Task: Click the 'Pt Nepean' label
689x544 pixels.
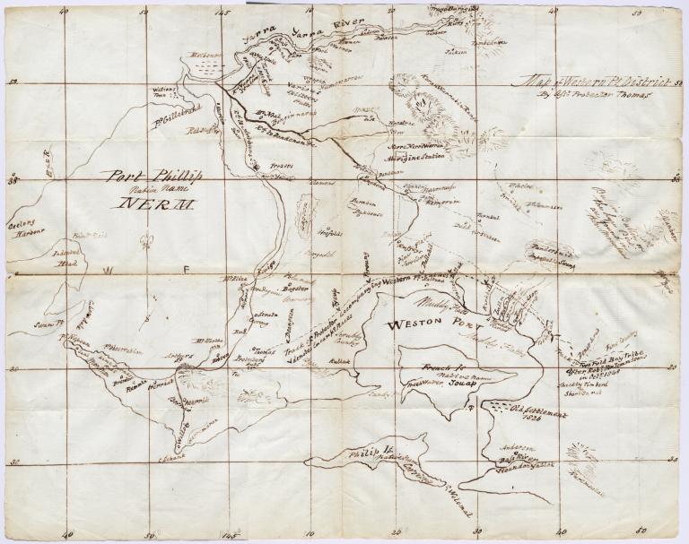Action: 75,339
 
